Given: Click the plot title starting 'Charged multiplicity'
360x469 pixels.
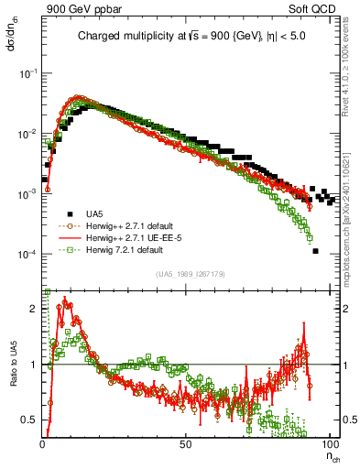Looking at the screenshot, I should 191,38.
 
